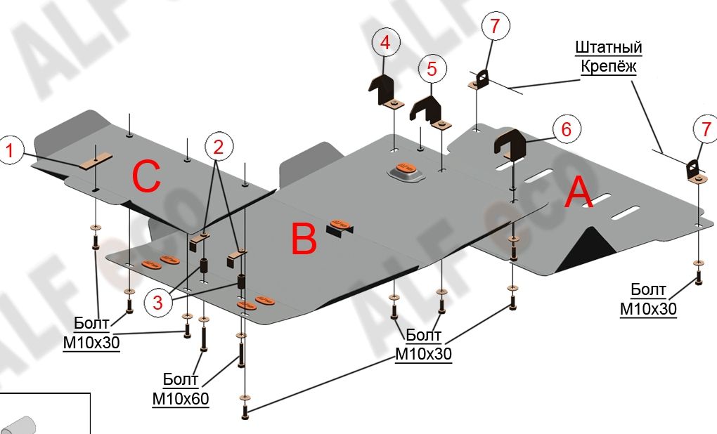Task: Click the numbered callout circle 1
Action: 10,149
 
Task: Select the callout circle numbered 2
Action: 219,147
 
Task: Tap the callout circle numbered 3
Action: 157,303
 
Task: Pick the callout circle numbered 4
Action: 385,43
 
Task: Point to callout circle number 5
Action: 432,68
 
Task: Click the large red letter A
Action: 579,192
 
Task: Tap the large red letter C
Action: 147,177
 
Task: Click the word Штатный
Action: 609,48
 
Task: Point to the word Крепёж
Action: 609,67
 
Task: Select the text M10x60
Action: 181,399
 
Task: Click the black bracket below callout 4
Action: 382,89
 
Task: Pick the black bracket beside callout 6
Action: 513,144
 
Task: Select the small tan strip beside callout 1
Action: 95,161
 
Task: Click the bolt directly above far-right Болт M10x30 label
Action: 697,273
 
